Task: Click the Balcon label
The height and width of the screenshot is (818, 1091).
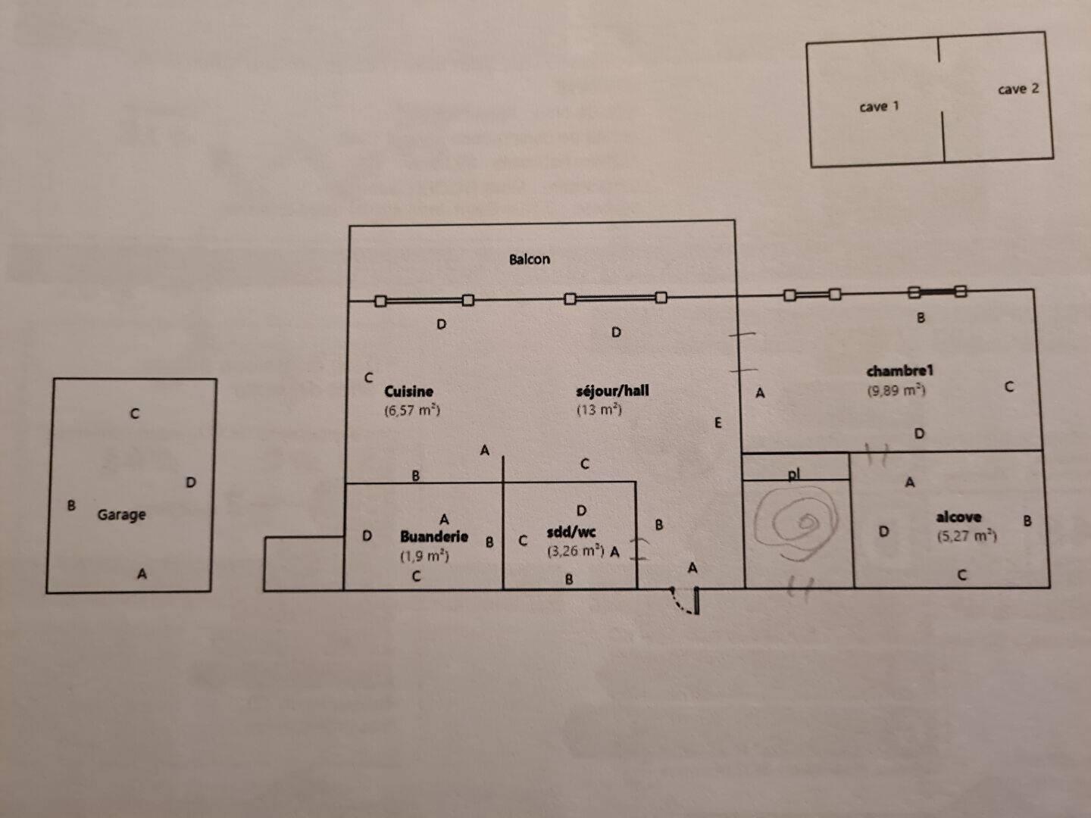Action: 529,259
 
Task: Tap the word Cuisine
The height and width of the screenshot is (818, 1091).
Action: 408,392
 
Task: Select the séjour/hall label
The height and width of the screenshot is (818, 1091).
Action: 612,391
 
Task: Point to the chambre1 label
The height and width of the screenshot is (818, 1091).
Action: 899,370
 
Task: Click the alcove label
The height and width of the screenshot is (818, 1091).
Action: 958,517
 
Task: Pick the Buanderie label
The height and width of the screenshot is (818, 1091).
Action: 434,536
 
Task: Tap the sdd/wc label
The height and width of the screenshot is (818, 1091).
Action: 571,532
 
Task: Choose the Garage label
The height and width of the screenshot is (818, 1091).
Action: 121,515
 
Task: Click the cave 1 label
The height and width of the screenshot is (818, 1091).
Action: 879,107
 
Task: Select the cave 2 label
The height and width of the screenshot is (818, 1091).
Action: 1018,89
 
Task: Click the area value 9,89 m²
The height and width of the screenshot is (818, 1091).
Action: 896,391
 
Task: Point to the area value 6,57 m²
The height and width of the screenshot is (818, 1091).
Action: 412,411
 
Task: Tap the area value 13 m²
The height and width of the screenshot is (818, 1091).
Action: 599,410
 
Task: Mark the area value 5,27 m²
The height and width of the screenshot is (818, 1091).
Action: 966,536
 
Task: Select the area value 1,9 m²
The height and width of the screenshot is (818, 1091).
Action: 424,556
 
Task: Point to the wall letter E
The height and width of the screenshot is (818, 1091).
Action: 718,423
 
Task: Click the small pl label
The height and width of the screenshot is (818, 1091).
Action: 793,474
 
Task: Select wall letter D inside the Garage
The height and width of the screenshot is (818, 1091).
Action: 191,482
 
